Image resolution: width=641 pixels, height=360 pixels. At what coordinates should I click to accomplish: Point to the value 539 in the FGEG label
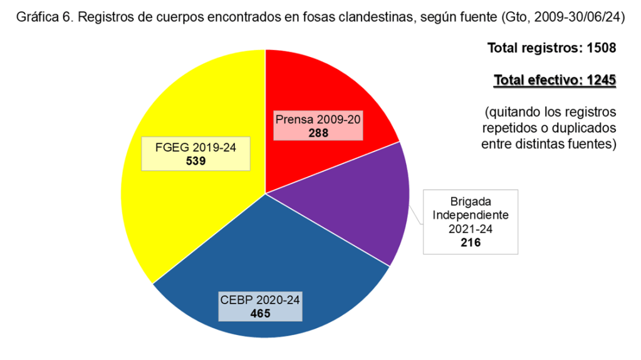[x=196, y=161]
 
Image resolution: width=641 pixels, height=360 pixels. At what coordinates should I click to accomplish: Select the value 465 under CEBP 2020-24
[x=260, y=314]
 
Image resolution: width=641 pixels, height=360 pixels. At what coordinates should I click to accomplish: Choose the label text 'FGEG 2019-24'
[x=196, y=148]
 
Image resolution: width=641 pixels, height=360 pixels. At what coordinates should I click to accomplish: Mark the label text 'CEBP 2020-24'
[x=260, y=300]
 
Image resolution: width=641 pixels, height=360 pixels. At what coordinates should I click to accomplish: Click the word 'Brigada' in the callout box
[x=471, y=202]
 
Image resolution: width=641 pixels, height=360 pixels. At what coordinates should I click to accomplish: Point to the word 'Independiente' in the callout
[x=471, y=215]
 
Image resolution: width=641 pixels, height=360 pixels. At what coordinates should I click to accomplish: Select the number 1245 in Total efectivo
[x=600, y=80]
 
